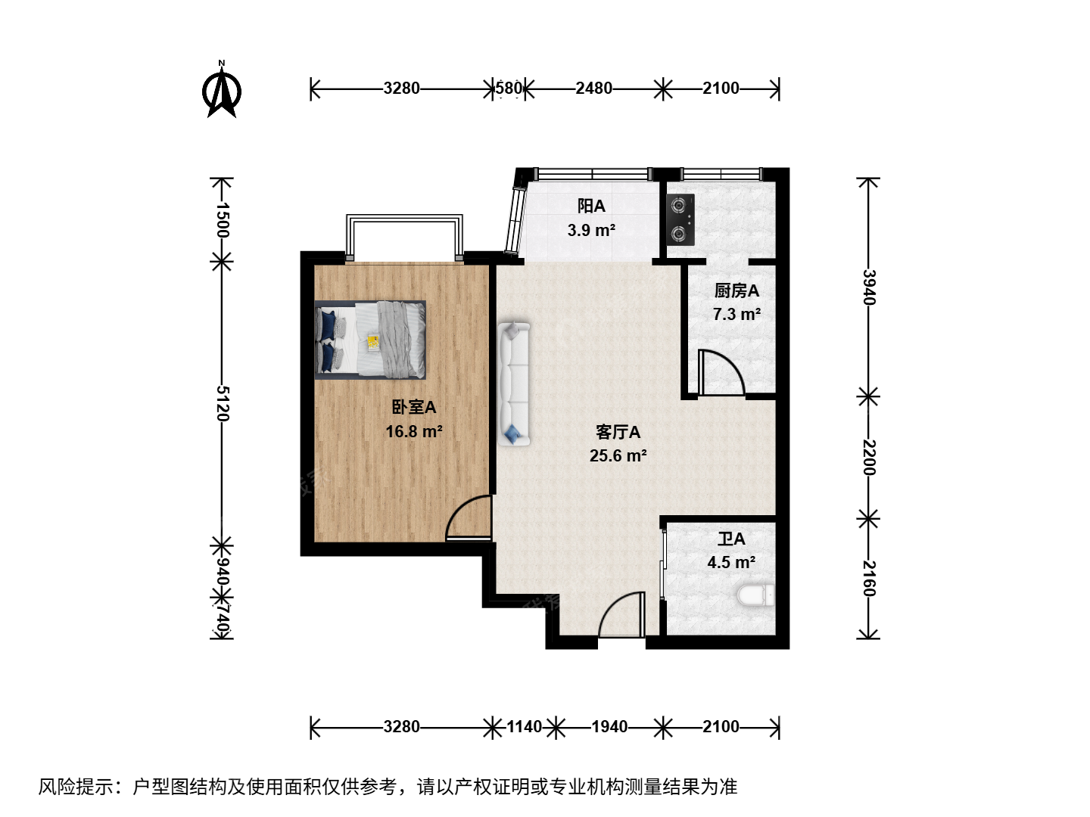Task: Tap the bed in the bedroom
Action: coord(370,340)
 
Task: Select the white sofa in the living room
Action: coord(514,384)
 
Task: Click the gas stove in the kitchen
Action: coord(680,219)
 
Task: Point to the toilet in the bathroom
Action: coord(755,595)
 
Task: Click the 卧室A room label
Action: coord(413,407)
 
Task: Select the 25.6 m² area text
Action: coord(618,455)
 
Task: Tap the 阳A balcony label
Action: coord(591,206)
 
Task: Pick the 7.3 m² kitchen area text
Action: coord(737,314)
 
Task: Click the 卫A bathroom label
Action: coord(731,539)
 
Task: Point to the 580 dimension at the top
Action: coord(509,89)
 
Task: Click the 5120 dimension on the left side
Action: coord(223,403)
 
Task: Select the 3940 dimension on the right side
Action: coord(868,287)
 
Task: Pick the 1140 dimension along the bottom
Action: coord(524,727)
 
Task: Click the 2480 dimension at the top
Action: coord(594,89)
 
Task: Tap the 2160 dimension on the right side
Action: coord(868,579)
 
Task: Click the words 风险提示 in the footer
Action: coord(76,787)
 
